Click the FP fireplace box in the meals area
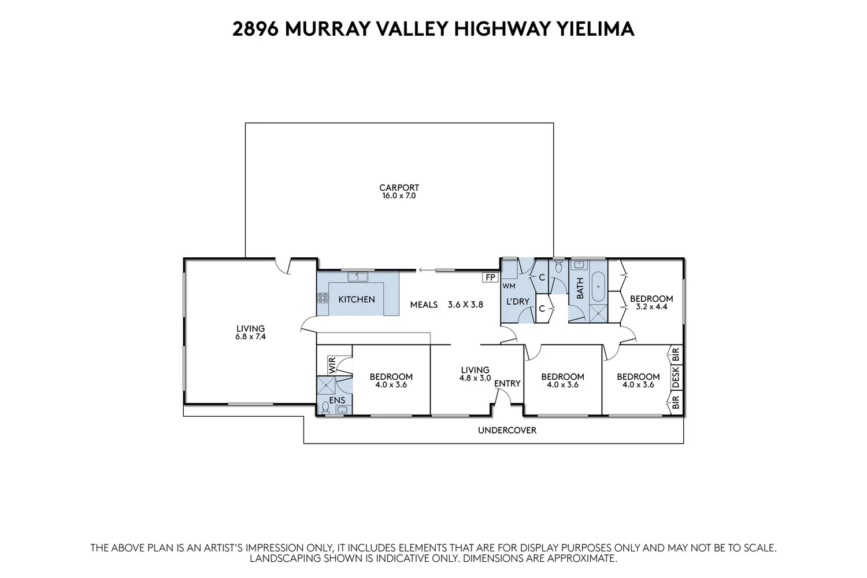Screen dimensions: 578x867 coord(490,277)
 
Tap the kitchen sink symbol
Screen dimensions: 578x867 coord(357,277)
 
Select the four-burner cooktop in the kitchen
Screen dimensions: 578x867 coord(322,298)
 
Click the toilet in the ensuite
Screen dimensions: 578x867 coord(326,409)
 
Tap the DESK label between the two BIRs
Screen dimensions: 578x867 coord(676,377)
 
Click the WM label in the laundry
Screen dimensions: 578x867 coord(509,286)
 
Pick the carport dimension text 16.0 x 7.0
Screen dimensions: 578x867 coord(399,196)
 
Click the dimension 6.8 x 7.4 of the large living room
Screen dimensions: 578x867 coord(250,336)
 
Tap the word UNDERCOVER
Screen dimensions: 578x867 coord(507,430)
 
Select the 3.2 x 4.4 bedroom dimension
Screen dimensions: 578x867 coord(651,307)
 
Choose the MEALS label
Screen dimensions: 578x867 coord(424,304)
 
